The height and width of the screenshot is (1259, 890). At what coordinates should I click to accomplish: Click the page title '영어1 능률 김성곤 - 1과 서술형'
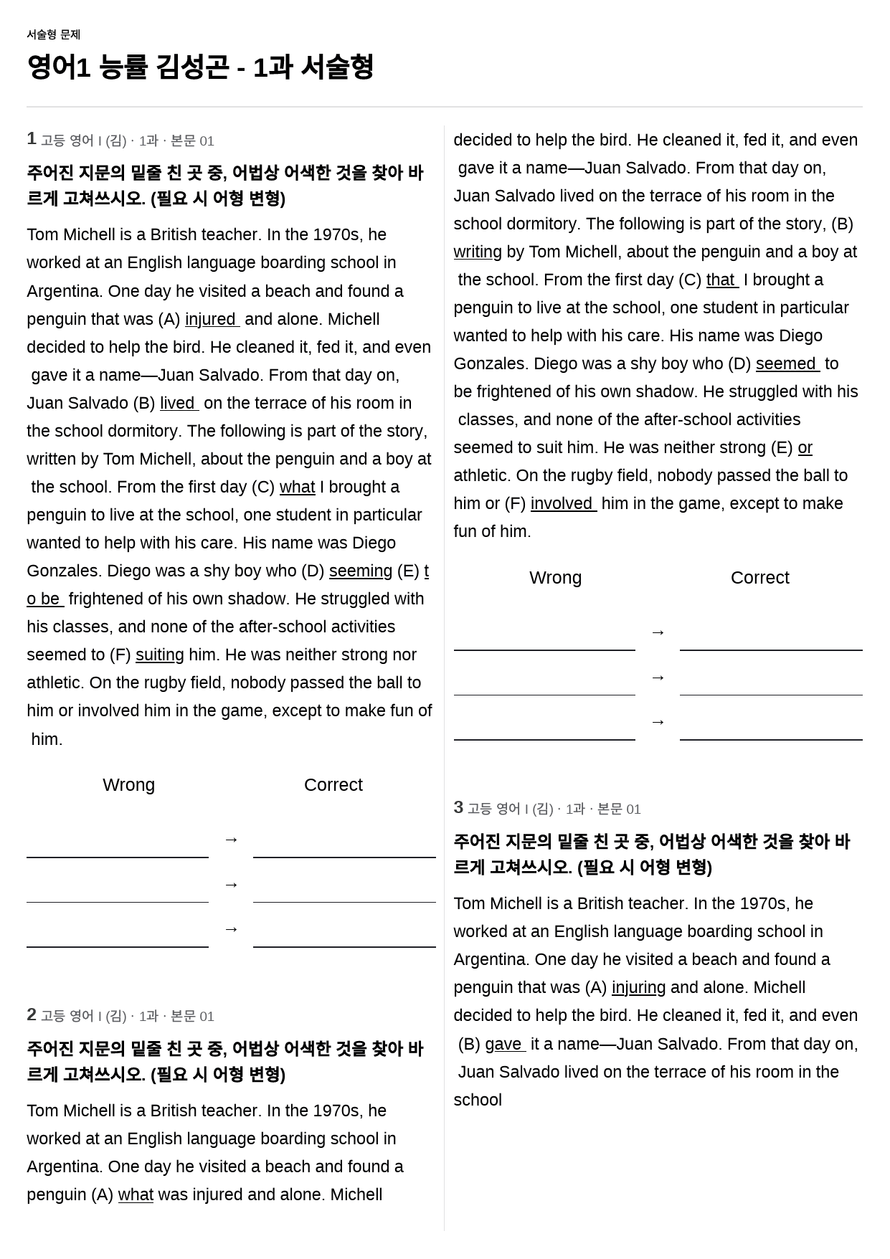(x=200, y=67)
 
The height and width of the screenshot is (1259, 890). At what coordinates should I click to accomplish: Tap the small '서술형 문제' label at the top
(x=53, y=34)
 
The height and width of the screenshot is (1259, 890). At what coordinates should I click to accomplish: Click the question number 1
(x=32, y=139)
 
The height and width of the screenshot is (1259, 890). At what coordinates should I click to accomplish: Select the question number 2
(x=32, y=1015)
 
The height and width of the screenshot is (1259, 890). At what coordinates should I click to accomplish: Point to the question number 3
(x=458, y=807)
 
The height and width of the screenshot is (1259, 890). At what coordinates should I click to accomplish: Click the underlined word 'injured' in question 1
(x=211, y=319)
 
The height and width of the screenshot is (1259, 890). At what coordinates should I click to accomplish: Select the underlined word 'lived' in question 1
(x=178, y=403)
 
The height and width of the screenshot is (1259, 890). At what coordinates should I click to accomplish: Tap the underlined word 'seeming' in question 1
(x=361, y=571)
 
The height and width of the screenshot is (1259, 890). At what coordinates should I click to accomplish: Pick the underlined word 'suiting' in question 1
(x=159, y=655)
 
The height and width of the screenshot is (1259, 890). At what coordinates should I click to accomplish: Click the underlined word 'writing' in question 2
(x=478, y=252)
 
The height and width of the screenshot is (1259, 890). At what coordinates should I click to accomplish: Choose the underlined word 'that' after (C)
(x=721, y=280)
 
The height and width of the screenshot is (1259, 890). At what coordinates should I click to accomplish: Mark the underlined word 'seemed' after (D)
(x=786, y=364)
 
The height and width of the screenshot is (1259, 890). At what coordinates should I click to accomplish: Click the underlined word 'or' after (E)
(x=805, y=447)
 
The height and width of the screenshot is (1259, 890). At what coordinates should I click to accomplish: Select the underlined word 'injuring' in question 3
(x=638, y=987)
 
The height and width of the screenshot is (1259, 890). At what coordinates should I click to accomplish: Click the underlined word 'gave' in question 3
(x=503, y=1044)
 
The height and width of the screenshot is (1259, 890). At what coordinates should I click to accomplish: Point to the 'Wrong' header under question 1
(x=129, y=784)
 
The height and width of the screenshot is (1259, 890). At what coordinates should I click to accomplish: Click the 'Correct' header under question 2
(x=759, y=577)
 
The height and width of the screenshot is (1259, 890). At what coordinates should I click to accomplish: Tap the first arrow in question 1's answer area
(x=231, y=839)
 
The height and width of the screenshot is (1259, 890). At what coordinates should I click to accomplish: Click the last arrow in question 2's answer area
(x=658, y=721)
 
